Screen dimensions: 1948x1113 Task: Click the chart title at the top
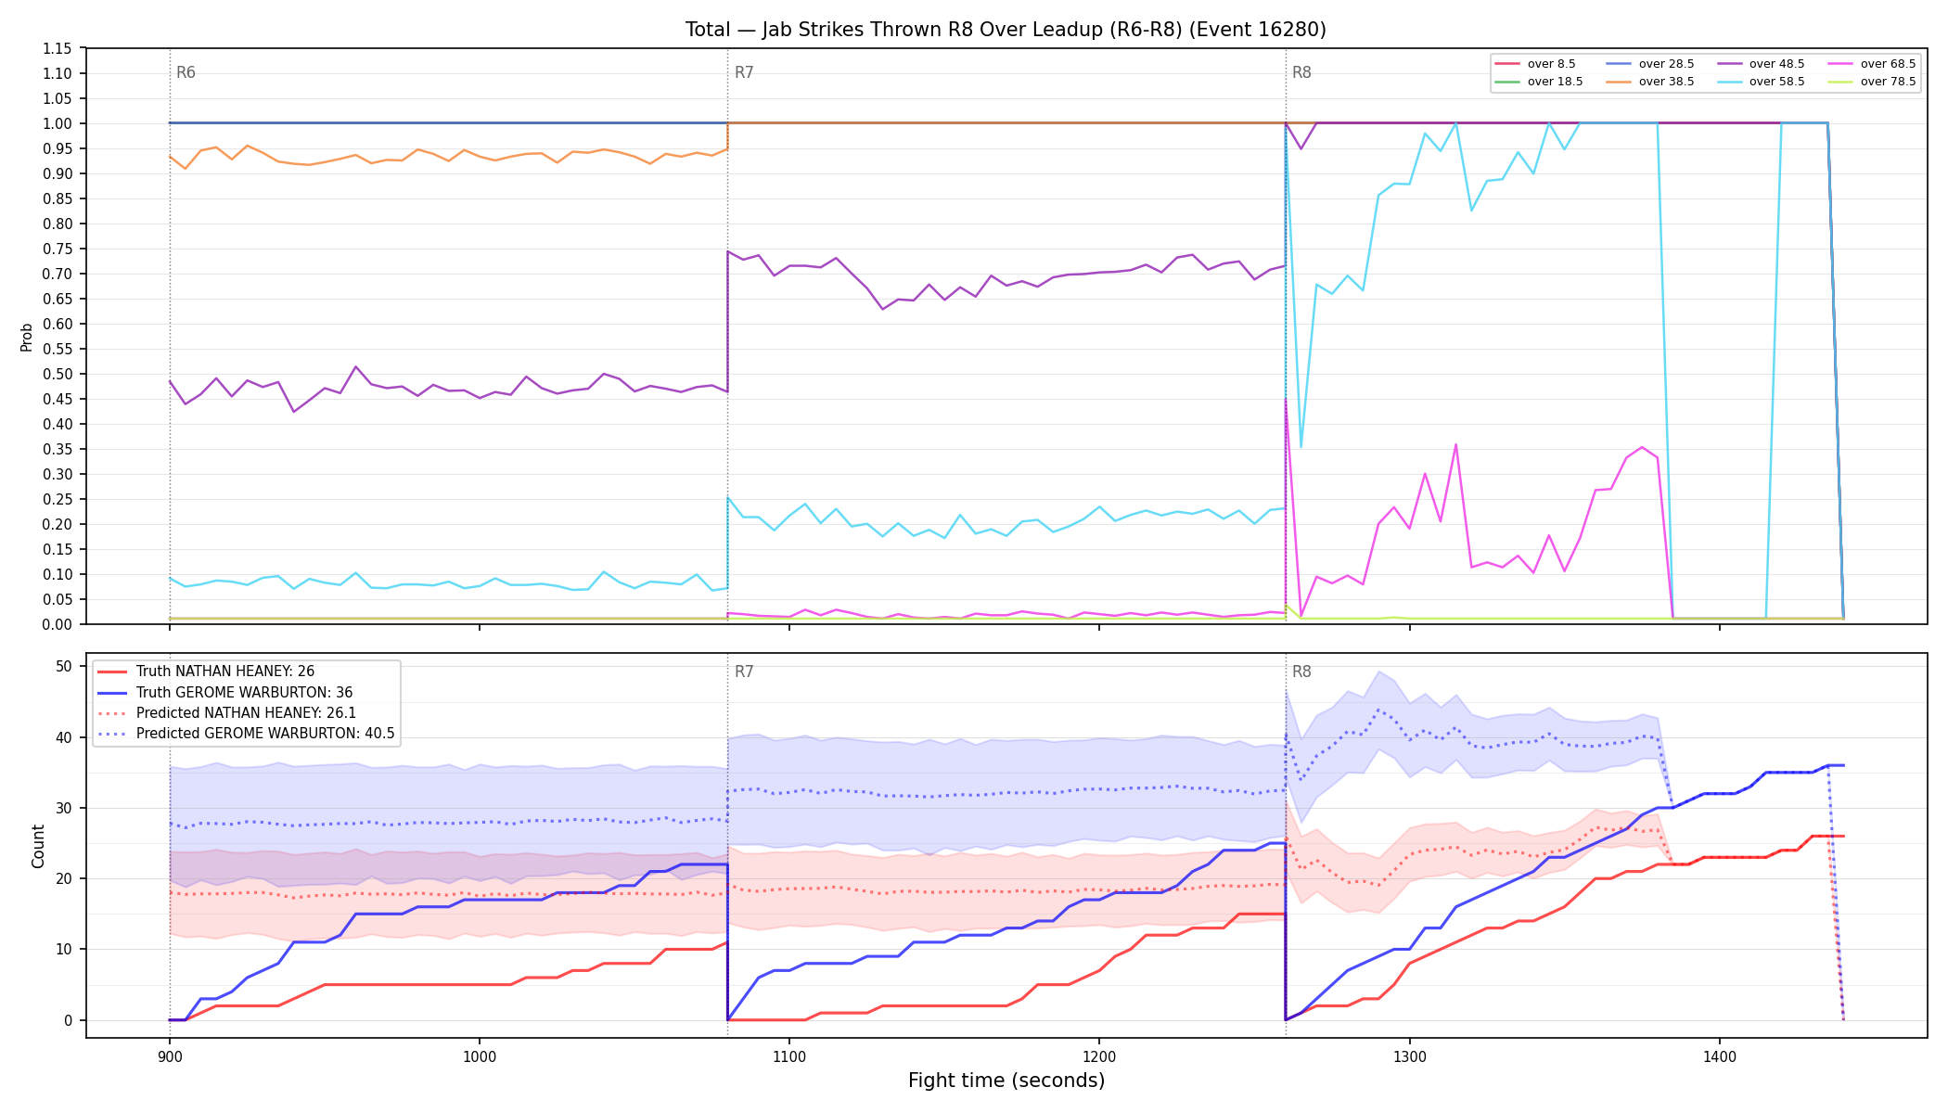pyautogui.click(x=1006, y=30)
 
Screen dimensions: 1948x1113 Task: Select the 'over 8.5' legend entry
pyautogui.click(x=1535, y=64)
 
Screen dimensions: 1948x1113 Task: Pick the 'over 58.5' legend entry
pyautogui.click(x=1757, y=82)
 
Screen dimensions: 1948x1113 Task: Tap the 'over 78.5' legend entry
pyautogui.click(x=1868, y=82)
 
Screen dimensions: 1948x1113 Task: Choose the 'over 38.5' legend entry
pyautogui.click(x=1647, y=82)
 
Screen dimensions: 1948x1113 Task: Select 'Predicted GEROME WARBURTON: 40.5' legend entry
pyautogui.click(x=246, y=734)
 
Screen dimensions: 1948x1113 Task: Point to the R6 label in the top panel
pyautogui.click(x=186, y=72)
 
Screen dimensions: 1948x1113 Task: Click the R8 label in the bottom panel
pyautogui.click(x=1301, y=672)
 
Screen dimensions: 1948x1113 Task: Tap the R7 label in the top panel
pyautogui.click(x=744, y=72)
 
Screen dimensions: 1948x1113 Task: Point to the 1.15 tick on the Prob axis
pyautogui.click(x=58, y=48)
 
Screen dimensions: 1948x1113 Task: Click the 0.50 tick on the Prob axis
pyautogui.click(x=58, y=374)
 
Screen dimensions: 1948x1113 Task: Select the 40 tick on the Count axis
pyautogui.click(x=64, y=737)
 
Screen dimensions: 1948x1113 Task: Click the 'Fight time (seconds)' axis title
pyautogui.click(x=1006, y=1081)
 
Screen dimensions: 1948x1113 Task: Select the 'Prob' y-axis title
pyautogui.click(x=27, y=337)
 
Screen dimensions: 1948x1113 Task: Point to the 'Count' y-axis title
pyautogui.click(x=38, y=846)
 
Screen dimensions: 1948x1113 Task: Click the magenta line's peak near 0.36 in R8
pyautogui.click(x=1455, y=444)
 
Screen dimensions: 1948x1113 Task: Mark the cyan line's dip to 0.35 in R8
pyautogui.click(x=1301, y=448)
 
